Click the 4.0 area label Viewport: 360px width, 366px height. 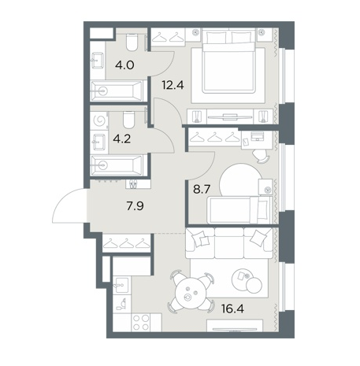tap(124, 65)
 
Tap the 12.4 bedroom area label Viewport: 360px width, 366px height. tap(173, 85)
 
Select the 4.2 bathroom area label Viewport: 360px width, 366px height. tap(122, 139)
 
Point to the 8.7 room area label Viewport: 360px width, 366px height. tap(202, 189)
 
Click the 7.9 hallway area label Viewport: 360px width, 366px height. tap(135, 206)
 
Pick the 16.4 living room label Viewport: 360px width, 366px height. tap(232, 309)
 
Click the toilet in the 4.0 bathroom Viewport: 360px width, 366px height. tap(132, 43)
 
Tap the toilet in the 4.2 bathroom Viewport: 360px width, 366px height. tap(128, 119)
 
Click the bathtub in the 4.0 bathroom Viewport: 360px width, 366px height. tap(117, 91)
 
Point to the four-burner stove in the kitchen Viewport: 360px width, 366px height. tap(141, 322)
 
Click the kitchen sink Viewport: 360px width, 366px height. tap(121, 286)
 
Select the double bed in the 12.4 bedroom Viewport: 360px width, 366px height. tap(228, 61)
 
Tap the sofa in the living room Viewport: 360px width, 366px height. tap(229, 242)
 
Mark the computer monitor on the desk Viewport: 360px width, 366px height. tap(257, 135)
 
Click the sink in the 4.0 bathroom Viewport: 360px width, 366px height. tap(97, 61)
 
